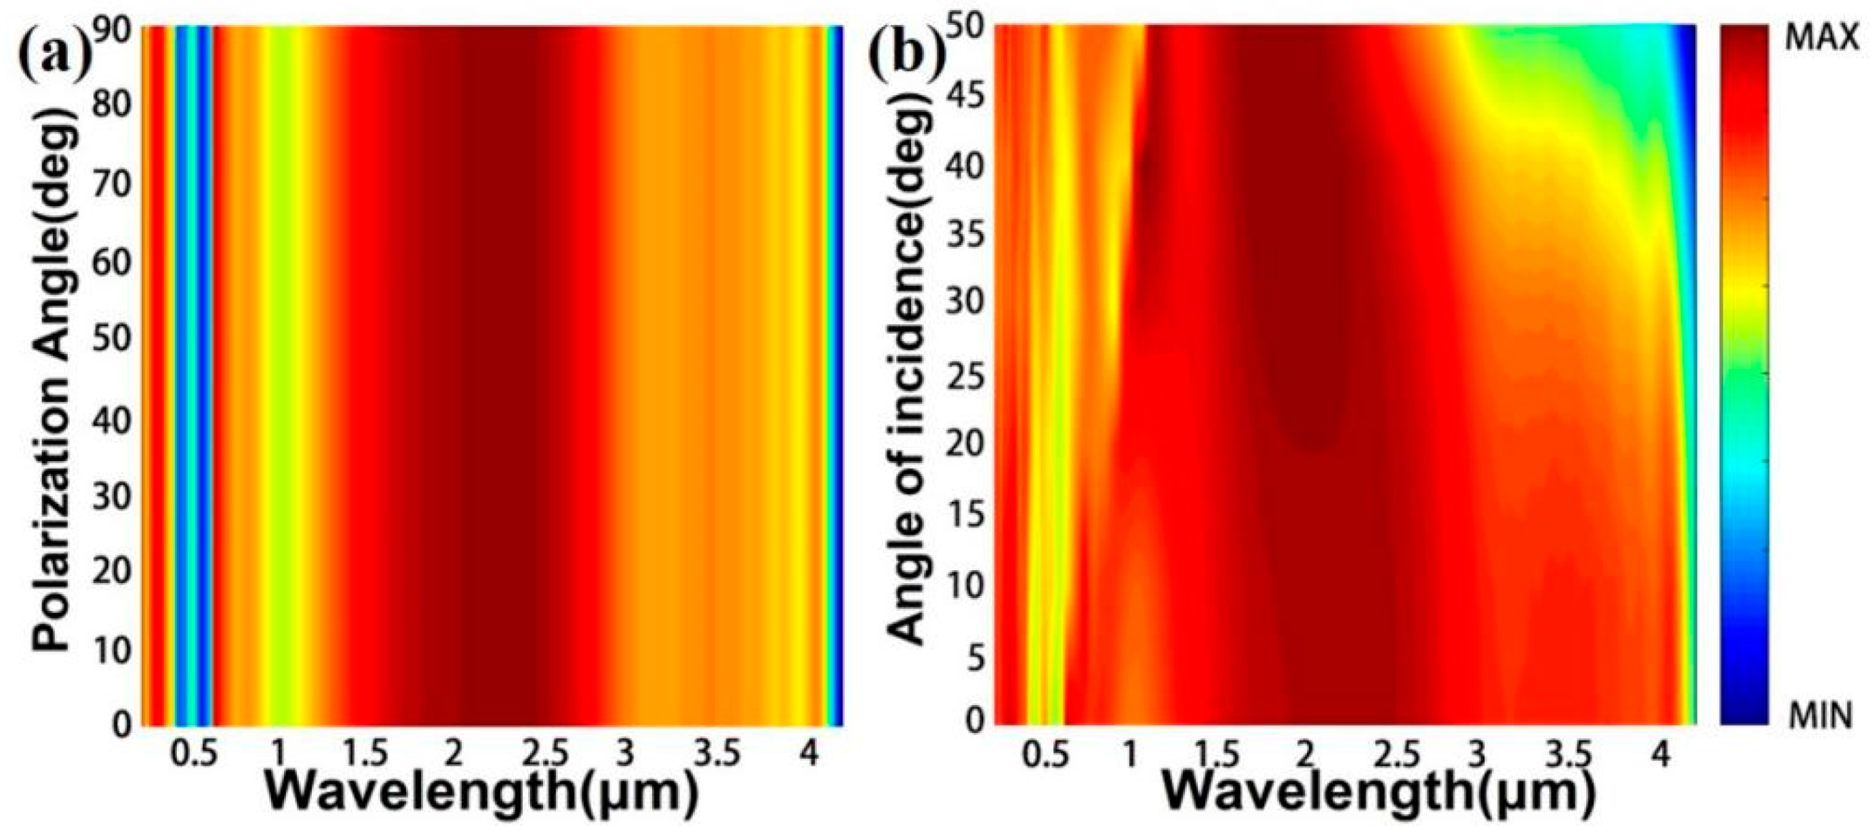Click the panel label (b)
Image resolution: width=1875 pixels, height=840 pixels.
coord(905,48)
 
